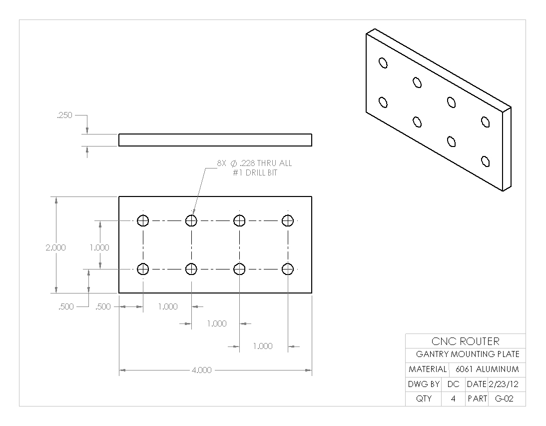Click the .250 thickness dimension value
click(x=64, y=115)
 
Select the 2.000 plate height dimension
click(x=55, y=247)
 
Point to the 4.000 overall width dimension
click(x=201, y=370)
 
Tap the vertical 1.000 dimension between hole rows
click(x=99, y=247)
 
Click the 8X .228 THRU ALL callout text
click(x=254, y=163)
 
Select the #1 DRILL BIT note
click(x=254, y=172)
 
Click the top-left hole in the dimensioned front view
click(x=143, y=220)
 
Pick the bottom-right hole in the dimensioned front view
click(x=287, y=269)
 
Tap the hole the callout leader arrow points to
click(x=191, y=220)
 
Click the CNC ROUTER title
click(x=465, y=341)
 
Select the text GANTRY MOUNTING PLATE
click(x=468, y=354)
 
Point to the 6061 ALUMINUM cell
click(x=487, y=369)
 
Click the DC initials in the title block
click(x=453, y=384)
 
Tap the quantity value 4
click(x=453, y=399)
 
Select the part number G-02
click(x=503, y=399)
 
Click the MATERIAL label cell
click(x=427, y=369)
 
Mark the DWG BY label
click(x=424, y=384)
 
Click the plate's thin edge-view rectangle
click(x=215, y=140)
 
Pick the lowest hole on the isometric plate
click(x=485, y=161)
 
